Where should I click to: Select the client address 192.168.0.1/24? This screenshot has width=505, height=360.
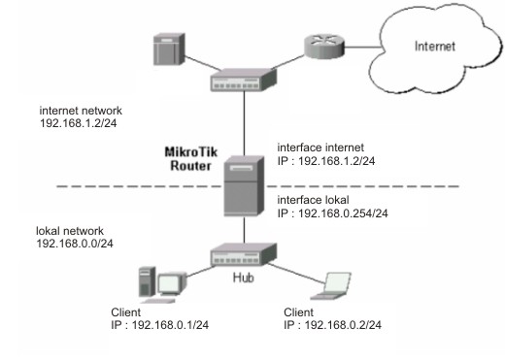(x=160, y=325)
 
